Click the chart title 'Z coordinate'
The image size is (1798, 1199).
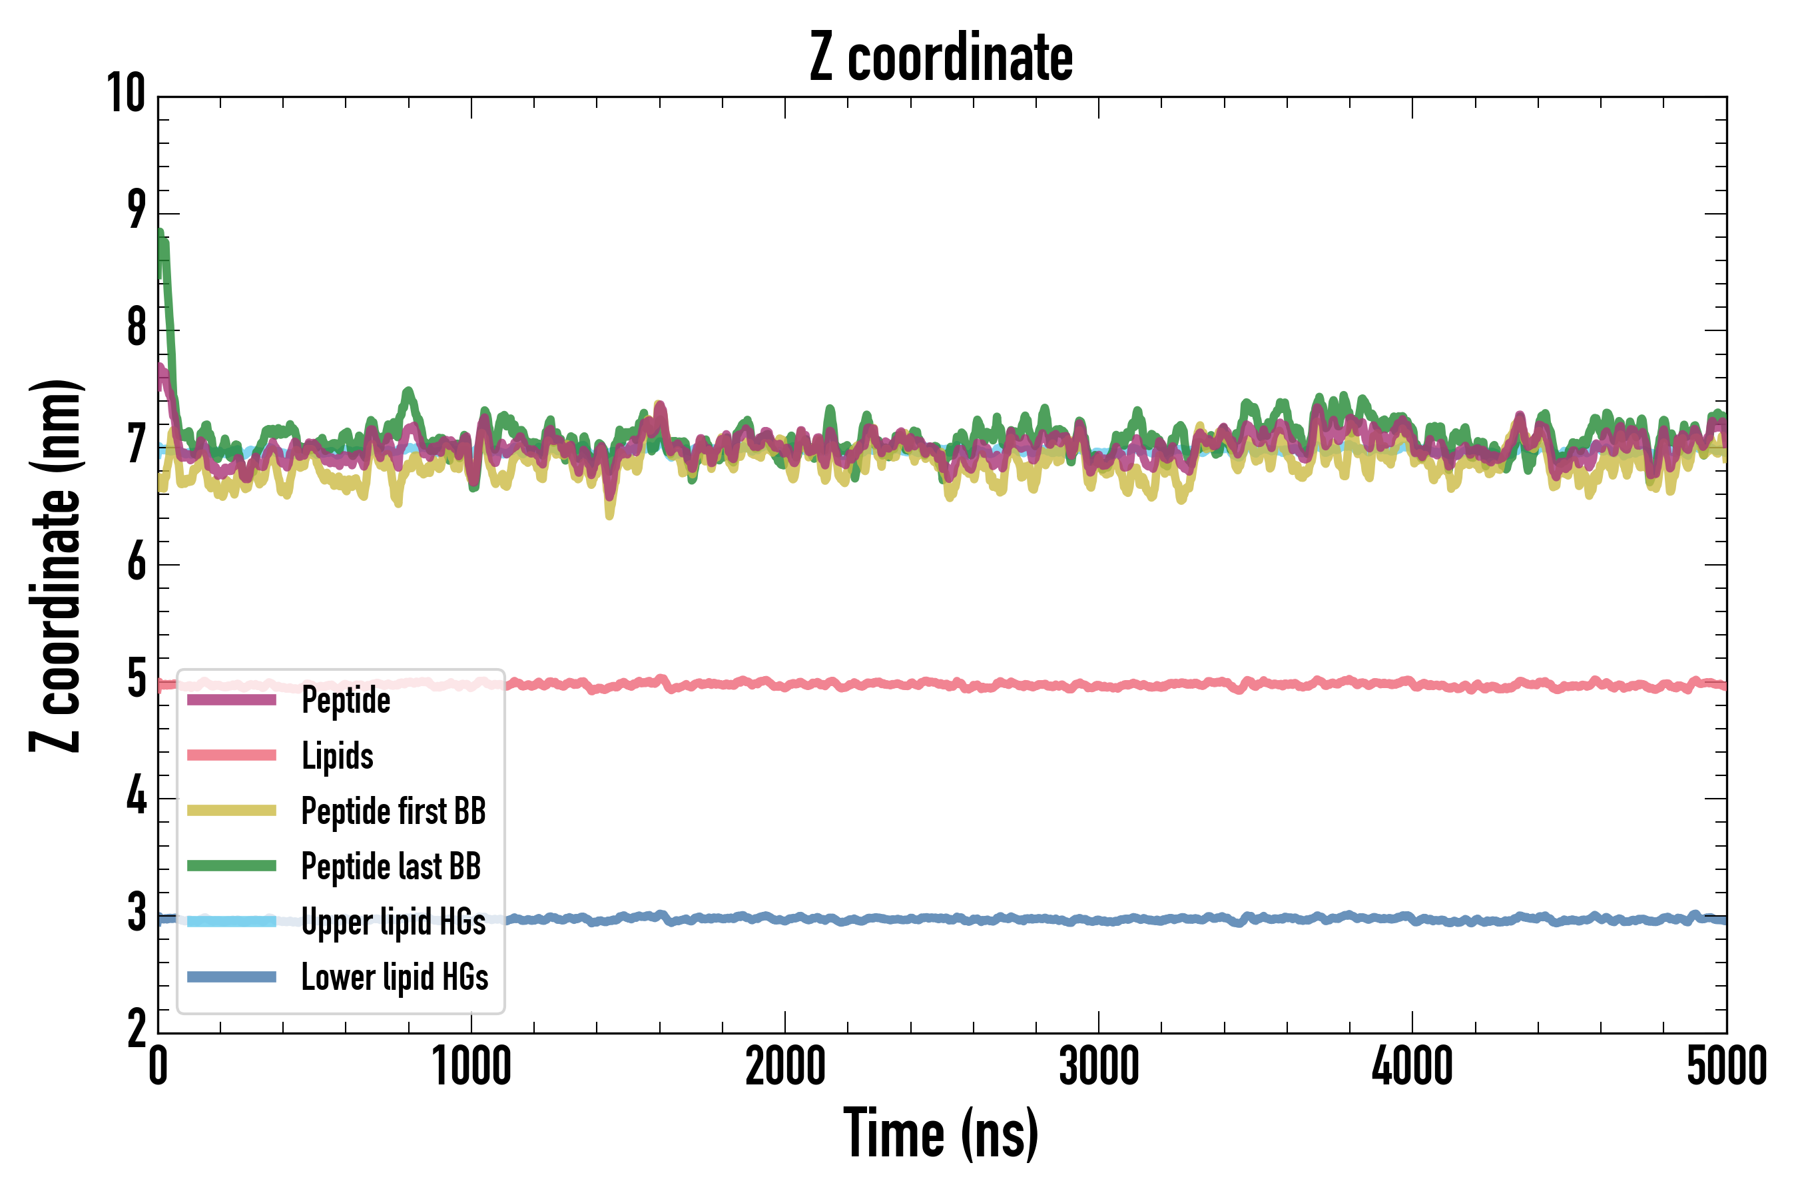(x=941, y=58)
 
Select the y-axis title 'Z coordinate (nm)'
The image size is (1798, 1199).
(x=55, y=566)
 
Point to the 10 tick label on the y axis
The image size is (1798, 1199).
(x=126, y=94)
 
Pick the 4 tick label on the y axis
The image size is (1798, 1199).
(x=137, y=797)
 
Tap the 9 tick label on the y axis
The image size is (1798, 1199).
(x=137, y=211)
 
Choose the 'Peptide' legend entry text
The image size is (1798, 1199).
(x=346, y=701)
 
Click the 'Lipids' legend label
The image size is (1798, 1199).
(x=337, y=755)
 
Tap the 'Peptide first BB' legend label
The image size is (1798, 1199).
(x=394, y=811)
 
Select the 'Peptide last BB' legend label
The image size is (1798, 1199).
(x=391, y=867)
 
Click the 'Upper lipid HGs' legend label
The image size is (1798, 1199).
(x=393, y=921)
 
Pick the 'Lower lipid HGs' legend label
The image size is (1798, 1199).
(x=394, y=977)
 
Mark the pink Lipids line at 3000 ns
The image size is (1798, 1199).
(x=1099, y=686)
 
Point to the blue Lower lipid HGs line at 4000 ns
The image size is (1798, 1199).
(x=1412, y=919)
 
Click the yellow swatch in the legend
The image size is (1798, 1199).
(x=232, y=811)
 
